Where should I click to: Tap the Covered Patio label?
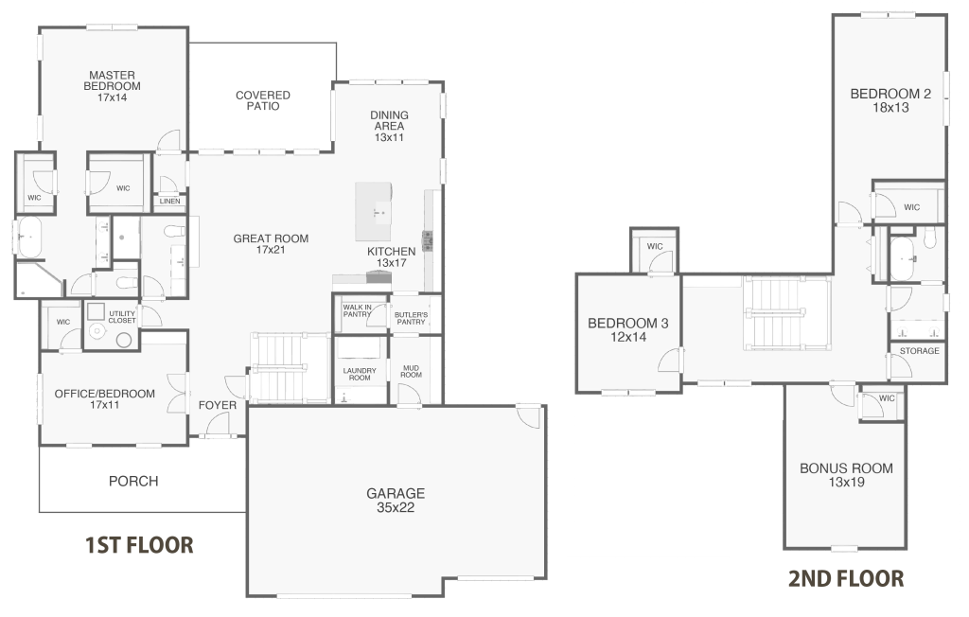pyautogui.click(x=262, y=100)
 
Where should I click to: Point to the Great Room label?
pyautogui.click(x=271, y=244)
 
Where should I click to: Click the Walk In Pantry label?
pyautogui.click(x=357, y=310)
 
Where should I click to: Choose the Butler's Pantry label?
pyautogui.click(x=411, y=318)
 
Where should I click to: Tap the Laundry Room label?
pyautogui.click(x=360, y=374)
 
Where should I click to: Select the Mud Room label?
pyautogui.click(x=412, y=372)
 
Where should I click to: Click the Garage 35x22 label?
pyautogui.click(x=396, y=500)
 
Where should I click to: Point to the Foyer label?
pyautogui.click(x=217, y=406)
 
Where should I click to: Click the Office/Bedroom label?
pyautogui.click(x=104, y=398)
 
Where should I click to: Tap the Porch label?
pyautogui.click(x=133, y=481)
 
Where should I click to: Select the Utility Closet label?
pyautogui.click(x=122, y=315)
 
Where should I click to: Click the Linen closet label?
pyautogui.click(x=170, y=202)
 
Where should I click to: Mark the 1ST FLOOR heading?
pyautogui.click(x=139, y=545)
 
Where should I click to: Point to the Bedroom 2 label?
pyautogui.click(x=890, y=100)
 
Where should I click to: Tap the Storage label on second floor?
pyautogui.click(x=920, y=351)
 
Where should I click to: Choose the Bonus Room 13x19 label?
pyautogui.click(x=845, y=475)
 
